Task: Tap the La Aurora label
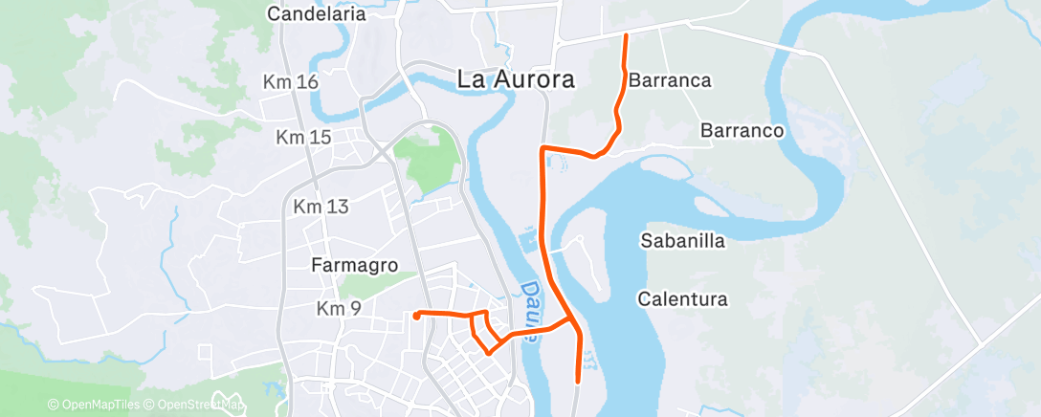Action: (516, 79)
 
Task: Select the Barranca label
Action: (670, 80)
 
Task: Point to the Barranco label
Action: (742, 130)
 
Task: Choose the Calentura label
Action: (682, 299)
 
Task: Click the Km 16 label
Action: (290, 83)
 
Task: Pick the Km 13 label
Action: (321, 207)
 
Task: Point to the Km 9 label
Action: (338, 308)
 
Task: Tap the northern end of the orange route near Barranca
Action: (626, 35)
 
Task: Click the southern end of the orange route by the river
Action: (579, 381)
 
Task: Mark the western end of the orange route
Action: (415, 315)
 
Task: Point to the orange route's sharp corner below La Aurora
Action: (543, 148)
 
